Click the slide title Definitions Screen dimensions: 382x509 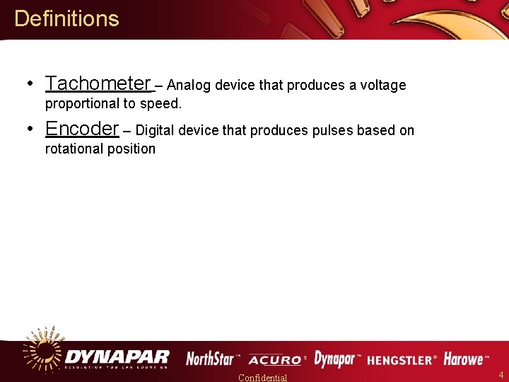coord(66,18)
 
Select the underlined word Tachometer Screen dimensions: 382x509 coord(98,83)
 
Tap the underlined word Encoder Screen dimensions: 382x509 coord(82,129)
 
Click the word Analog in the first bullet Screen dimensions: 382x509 coord(190,86)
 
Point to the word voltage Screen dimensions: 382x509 coord(383,86)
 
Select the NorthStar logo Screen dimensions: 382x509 coord(211,359)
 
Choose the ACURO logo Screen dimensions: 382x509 coord(275,360)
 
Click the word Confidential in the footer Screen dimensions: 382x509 coord(263,377)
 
